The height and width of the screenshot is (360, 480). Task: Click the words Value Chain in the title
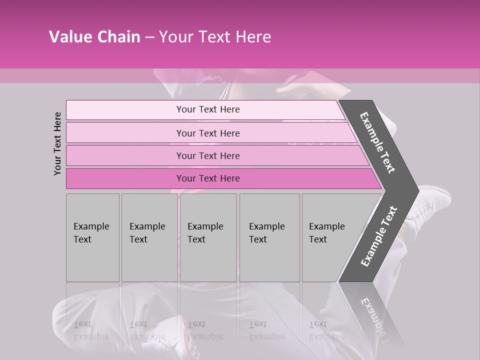tap(94, 37)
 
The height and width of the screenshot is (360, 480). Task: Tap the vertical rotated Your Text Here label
tap(57, 143)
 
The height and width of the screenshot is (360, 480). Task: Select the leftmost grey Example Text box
tap(92, 237)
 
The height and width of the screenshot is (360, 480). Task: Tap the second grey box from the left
tap(149, 237)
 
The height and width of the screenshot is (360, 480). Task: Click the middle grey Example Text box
tap(208, 237)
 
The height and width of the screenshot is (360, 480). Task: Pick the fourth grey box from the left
tap(269, 237)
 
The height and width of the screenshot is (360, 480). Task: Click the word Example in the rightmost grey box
tap(327, 226)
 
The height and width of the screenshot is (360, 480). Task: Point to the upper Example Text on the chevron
tap(377, 142)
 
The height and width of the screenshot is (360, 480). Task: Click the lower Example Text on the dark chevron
tap(378, 236)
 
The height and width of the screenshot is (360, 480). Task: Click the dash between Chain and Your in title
tap(149, 37)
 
